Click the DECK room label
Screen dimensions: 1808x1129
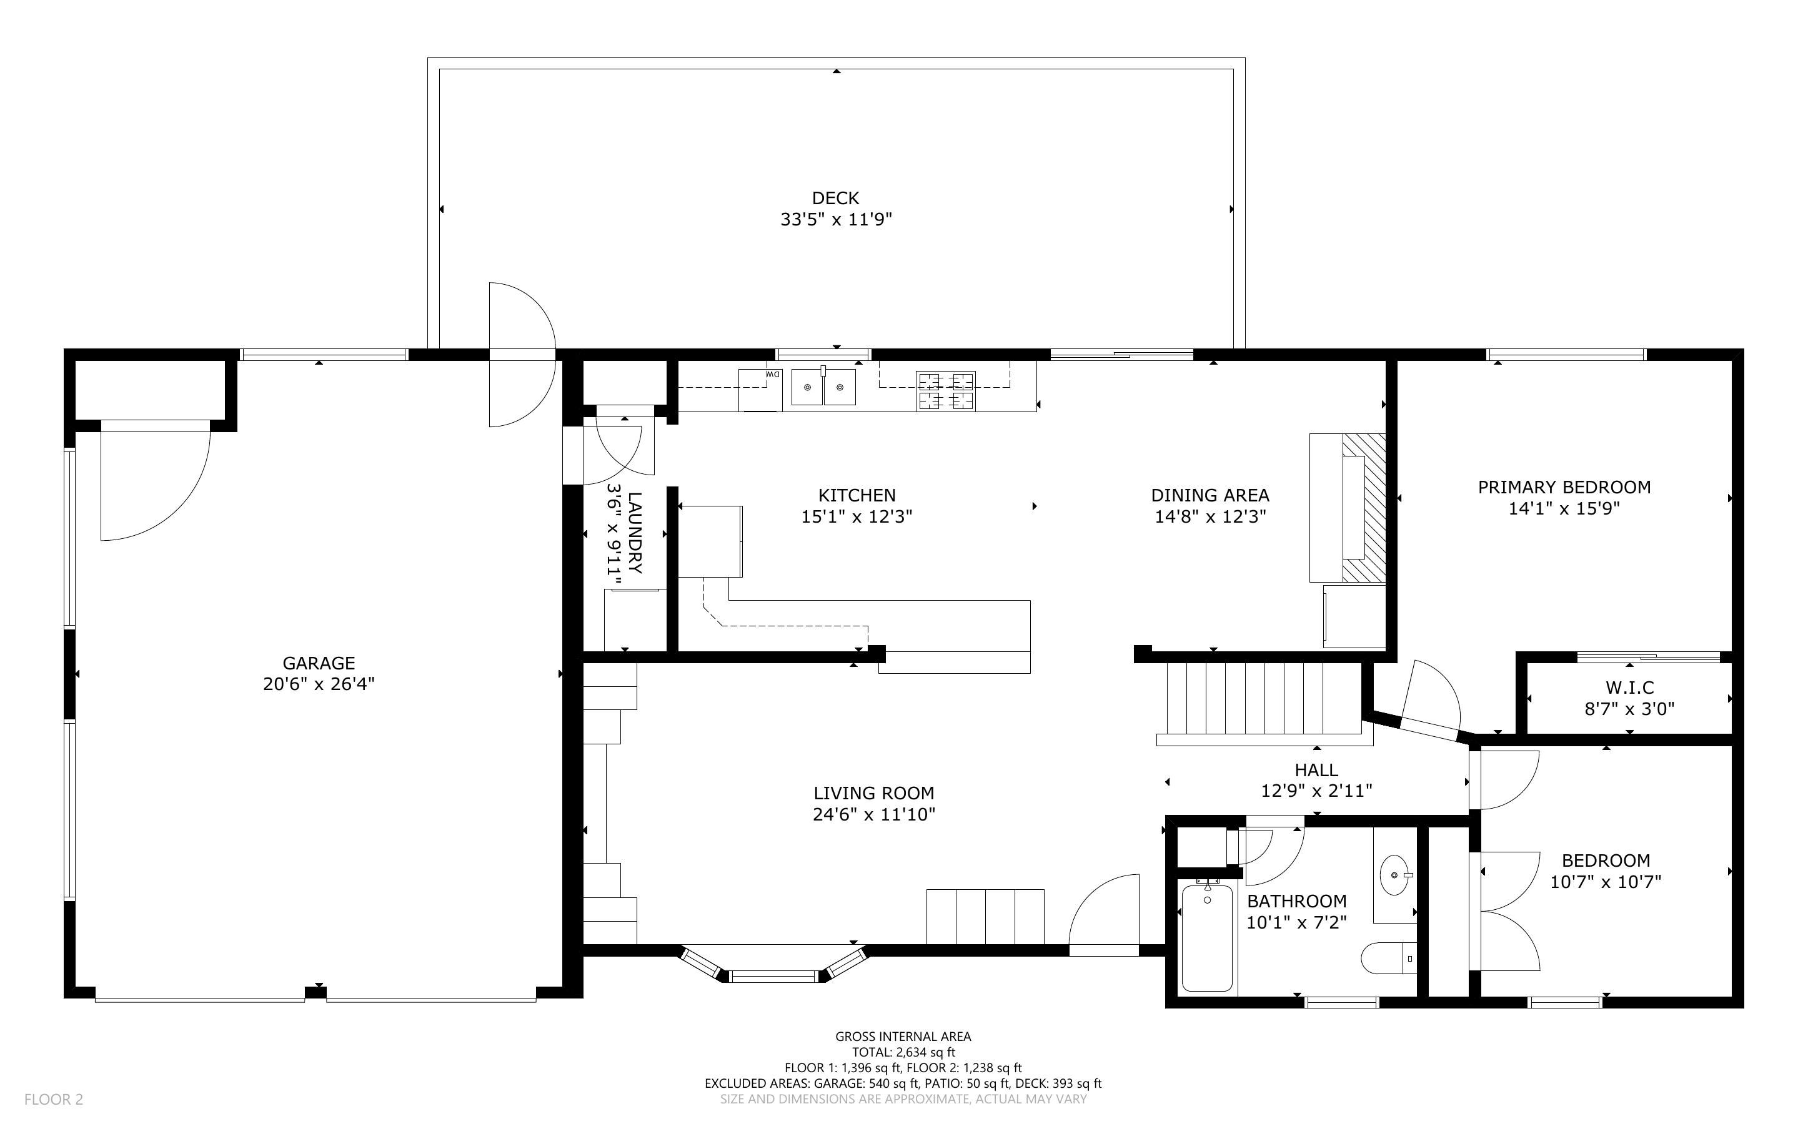click(x=836, y=198)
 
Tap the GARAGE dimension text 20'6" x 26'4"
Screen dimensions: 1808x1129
click(x=319, y=684)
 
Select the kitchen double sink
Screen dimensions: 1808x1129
click(x=823, y=387)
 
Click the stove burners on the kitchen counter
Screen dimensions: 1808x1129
click(x=946, y=392)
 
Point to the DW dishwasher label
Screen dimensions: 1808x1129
click(x=773, y=374)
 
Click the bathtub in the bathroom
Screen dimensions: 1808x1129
click(x=1207, y=938)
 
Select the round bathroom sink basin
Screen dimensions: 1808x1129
click(x=1394, y=874)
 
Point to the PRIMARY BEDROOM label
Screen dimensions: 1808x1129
click(x=1564, y=488)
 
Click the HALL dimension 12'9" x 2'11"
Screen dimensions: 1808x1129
click(x=1316, y=791)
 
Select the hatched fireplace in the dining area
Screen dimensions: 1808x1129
click(x=1364, y=508)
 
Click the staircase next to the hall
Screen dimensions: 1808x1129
click(x=1265, y=703)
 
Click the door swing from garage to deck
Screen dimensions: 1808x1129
click(x=522, y=355)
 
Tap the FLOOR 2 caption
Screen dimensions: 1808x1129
click(x=54, y=1099)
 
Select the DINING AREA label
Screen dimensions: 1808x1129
click(x=1210, y=495)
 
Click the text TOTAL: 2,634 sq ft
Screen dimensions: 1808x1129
click(x=903, y=1052)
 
